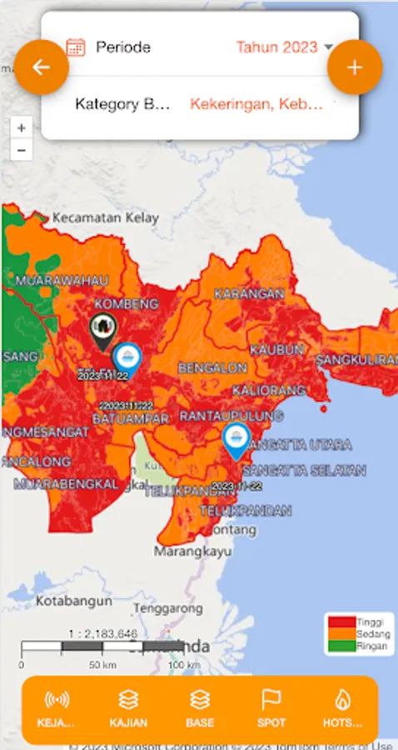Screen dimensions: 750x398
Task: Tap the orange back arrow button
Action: pos(39,67)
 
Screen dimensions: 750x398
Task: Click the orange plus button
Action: pos(355,67)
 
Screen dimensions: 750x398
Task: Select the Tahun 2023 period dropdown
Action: pos(283,47)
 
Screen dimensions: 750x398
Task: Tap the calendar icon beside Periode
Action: pos(76,47)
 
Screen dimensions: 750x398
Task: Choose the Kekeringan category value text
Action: pos(256,104)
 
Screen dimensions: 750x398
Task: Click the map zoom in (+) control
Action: pos(22,128)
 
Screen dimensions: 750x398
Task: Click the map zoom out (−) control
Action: pos(22,150)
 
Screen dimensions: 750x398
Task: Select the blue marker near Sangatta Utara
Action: pos(237,439)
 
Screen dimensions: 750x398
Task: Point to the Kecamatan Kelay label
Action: pos(105,217)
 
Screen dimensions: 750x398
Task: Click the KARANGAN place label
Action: pos(249,293)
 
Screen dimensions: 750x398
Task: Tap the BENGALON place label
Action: pos(211,367)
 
